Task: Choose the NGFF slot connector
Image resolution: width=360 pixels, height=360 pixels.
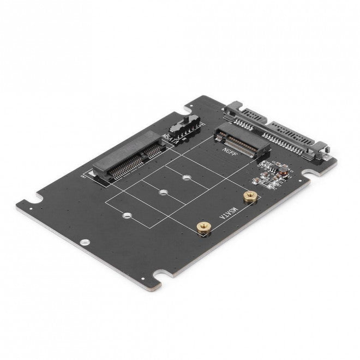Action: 240,141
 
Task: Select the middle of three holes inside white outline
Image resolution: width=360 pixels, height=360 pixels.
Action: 163,193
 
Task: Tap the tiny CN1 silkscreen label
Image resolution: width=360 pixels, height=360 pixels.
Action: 87,176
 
